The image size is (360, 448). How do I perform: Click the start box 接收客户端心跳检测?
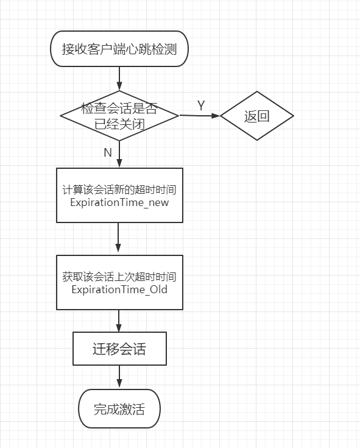[119, 49]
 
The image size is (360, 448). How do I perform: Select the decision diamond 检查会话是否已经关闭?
[119, 116]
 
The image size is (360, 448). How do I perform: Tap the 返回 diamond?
[256, 116]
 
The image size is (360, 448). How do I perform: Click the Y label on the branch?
[201, 105]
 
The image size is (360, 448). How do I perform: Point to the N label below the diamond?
[108, 152]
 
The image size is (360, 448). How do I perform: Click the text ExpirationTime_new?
[119, 202]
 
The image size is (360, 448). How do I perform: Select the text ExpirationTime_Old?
[119, 290]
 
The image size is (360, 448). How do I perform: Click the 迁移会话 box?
[119, 349]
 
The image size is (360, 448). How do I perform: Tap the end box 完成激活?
[119, 408]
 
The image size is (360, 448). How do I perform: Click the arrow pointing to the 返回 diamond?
[199, 115]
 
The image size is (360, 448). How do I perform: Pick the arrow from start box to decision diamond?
[119, 79]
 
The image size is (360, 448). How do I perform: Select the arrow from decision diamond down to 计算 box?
[119, 154]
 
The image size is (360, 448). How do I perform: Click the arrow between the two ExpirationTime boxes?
[118, 237]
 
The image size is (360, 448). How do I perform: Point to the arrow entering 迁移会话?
[119, 321]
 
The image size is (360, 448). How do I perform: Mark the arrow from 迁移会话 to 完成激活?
[119, 377]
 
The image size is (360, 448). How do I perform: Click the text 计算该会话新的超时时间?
[119, 190]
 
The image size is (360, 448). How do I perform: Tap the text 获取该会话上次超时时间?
[119, 277]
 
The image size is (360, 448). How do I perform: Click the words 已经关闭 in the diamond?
[119, 124]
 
